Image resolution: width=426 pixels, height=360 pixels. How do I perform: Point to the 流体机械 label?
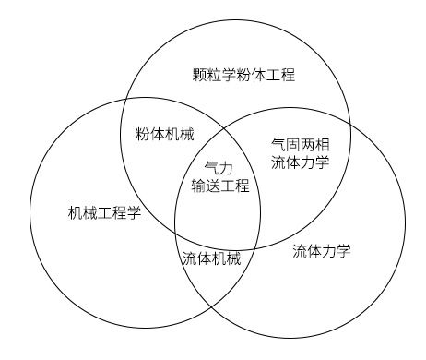click(x=211, y=258)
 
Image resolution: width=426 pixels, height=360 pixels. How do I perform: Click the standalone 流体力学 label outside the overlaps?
click(x=322, y=250)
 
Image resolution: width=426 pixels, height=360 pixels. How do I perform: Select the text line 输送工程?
click(x=219, y=185)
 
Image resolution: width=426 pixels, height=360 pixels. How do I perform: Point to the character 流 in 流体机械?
click(x=189, y=258)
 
